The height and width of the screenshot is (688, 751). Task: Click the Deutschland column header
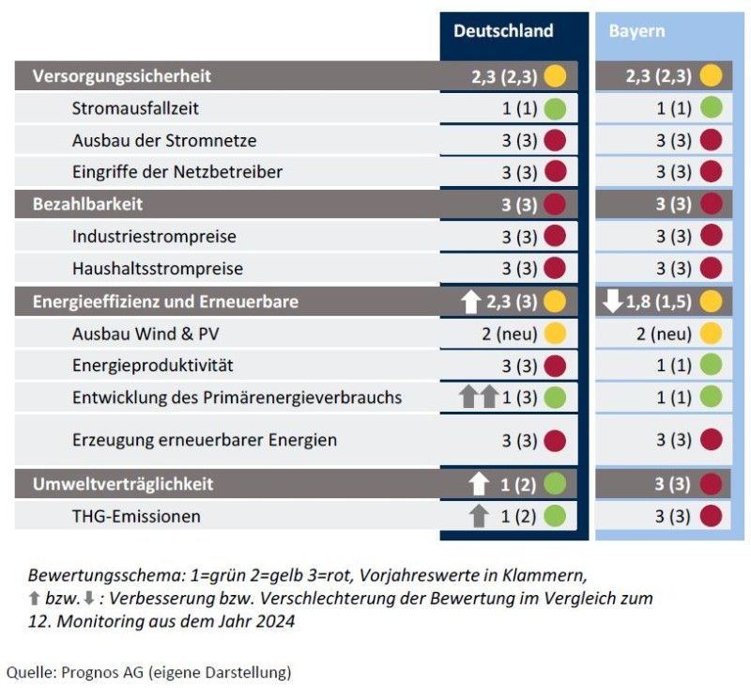503,31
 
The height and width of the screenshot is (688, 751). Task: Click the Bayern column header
636,31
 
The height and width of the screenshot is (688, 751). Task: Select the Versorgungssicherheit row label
122,76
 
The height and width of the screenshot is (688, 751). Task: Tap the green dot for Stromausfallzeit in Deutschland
555,108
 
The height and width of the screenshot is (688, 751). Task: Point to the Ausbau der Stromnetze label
164,140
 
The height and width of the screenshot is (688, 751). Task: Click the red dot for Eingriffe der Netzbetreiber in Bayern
711,172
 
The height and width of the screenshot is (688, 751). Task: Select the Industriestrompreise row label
154,236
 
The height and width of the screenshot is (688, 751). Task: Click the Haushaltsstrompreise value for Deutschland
519,269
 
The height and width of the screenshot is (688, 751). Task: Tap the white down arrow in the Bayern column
613,302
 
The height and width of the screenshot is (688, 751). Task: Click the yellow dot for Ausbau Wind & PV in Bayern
711,334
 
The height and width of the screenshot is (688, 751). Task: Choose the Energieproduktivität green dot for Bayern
711,366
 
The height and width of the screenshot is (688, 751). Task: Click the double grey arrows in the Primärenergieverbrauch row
478,398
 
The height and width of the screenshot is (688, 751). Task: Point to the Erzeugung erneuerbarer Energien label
205,439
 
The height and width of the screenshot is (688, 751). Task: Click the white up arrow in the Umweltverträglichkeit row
480,484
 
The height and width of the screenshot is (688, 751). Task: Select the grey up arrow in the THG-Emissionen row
480,516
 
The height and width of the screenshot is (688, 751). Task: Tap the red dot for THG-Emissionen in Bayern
711,516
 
